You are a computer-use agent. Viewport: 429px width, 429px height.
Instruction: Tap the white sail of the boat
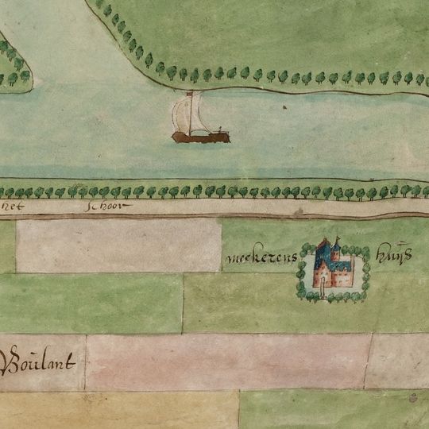[187, 114]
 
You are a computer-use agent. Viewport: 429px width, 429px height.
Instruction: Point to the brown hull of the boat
[200, 137]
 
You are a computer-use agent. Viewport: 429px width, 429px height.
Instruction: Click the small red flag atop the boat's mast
[191, 94]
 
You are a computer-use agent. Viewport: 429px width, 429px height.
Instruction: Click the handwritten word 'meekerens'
[257, 258]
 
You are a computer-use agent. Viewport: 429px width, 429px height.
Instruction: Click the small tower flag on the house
[337, 238]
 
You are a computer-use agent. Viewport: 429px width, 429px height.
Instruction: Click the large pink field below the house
[226, 361]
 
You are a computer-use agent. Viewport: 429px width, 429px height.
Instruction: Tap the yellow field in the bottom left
[119, 410]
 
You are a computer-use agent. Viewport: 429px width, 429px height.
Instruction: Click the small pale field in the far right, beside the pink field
[397, 361]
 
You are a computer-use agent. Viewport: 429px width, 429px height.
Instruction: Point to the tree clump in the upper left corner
[14, 68]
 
